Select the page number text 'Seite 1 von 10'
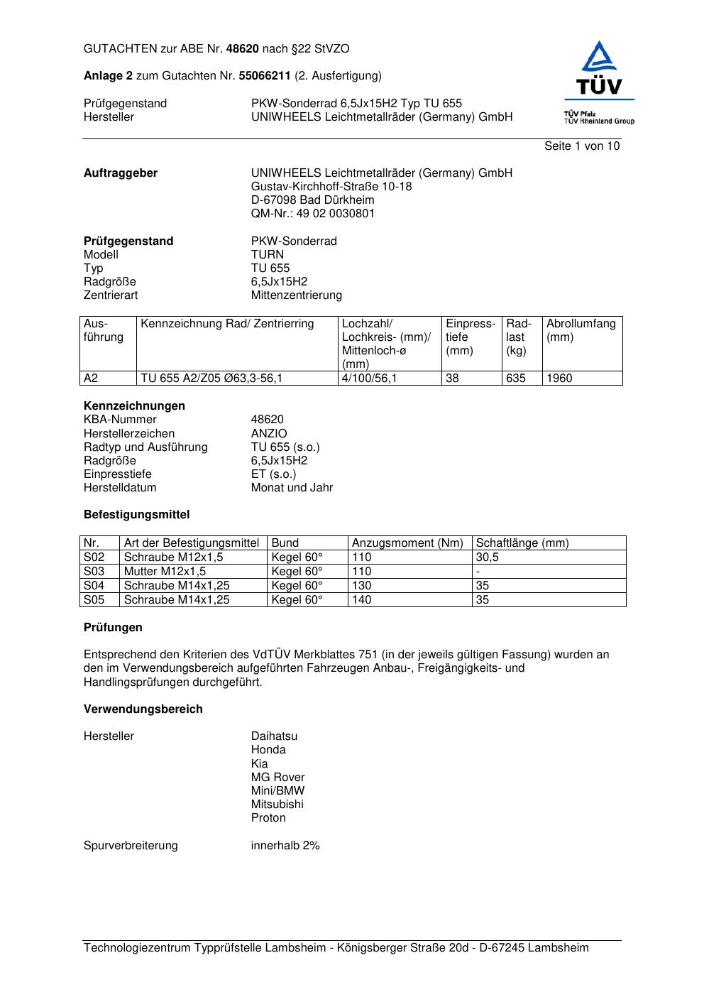pos(581,146)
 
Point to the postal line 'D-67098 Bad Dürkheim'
pos(312,200)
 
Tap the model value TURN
pos(267,254)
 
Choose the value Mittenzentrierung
pos(296,295)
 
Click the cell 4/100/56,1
pos(369,378)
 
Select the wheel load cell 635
pos(516,378)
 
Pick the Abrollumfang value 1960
pos(559,378)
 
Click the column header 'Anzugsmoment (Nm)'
pos(407,543)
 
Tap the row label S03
pos(94,571)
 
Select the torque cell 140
pos(361,599)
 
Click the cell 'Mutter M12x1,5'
pos(165,571)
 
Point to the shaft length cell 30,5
pos(487,557)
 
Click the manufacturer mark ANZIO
pos(269,433)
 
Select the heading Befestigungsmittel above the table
pos(136,514)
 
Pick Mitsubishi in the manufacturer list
pos(277,804)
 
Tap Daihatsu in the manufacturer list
pos(274,736)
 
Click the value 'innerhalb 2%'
pos(285,845)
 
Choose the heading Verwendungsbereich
pos(143,709)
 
